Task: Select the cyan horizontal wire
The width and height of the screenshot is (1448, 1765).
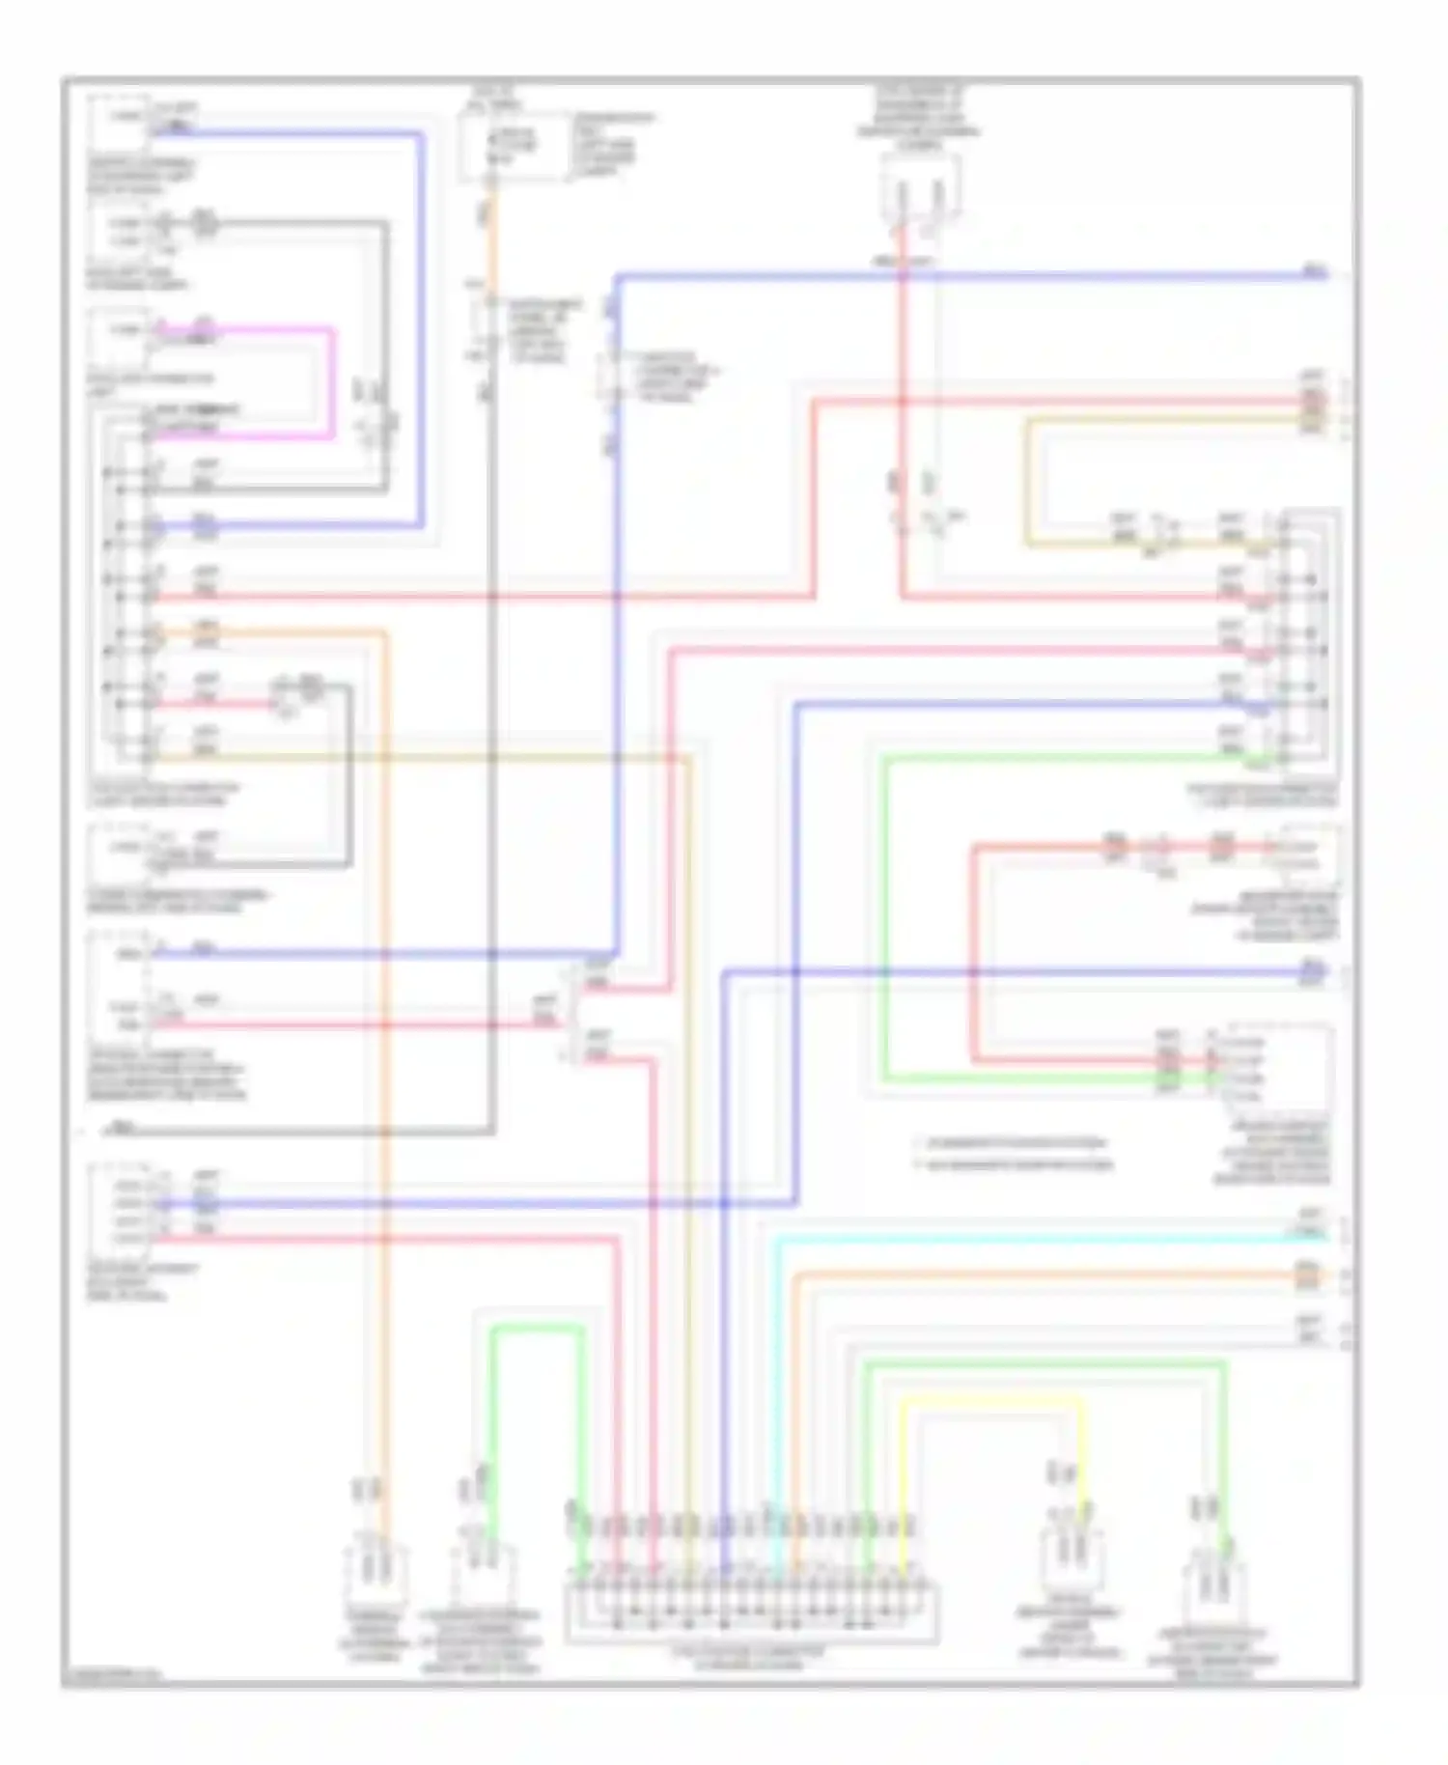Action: point(1043,1237)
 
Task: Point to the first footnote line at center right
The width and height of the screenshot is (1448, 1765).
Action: point(1014,1143)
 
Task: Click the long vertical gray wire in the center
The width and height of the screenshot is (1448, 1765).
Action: point(492,772)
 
